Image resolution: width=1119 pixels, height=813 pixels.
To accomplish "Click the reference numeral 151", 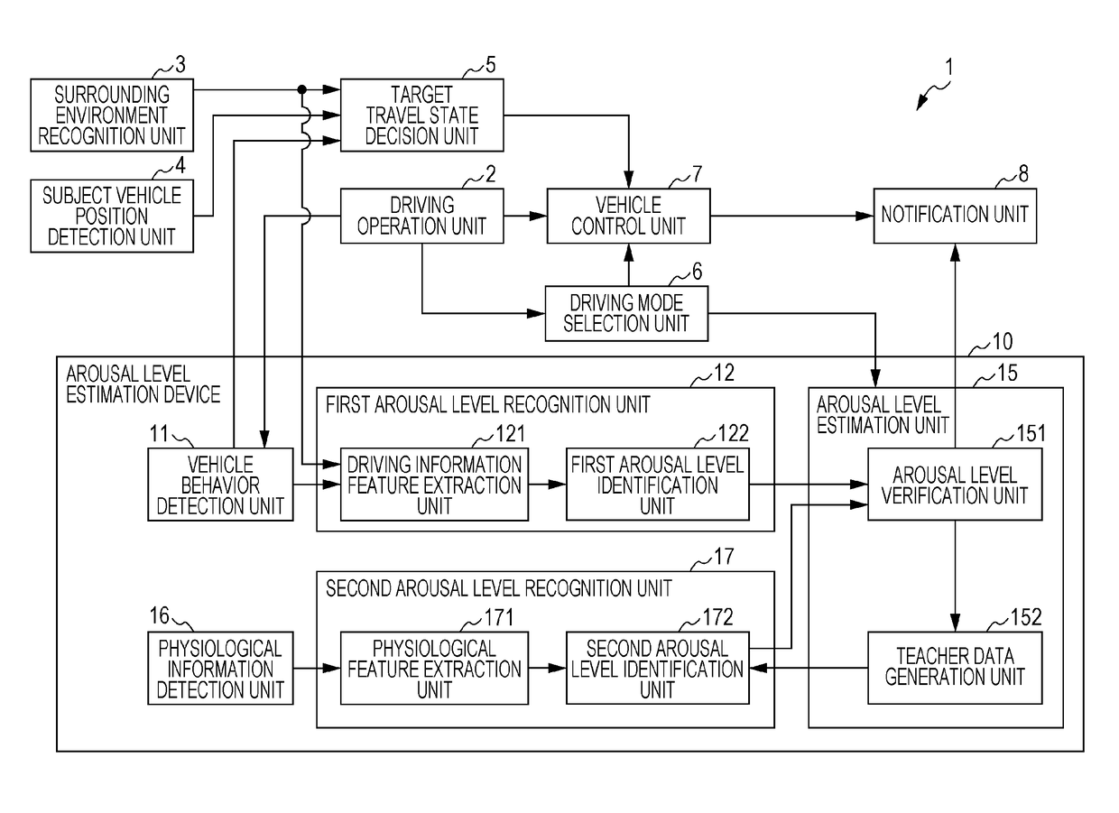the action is (1031, 433).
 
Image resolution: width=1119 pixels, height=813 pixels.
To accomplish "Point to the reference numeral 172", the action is (717, 617).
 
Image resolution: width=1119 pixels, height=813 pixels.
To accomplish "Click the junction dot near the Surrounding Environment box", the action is (301, 89).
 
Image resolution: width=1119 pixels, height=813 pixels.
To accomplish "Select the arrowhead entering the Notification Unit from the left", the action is (865, 216).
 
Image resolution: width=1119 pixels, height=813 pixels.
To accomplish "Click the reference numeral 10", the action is (1002, 342).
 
